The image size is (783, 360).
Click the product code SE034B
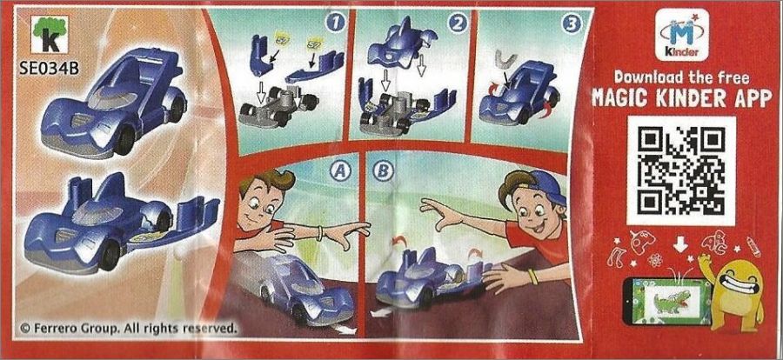pos(49,68)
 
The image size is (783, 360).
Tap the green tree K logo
pos(49,34)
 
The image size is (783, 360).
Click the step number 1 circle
pos(336,23)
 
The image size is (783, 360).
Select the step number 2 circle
pos(458,23)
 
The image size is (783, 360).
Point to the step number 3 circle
pos(571,24)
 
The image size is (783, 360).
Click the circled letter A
pos(338,171)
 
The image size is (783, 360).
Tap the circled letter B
pos(383,171)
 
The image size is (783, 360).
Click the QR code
pos(681,170)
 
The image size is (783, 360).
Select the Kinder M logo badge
pos(682,36)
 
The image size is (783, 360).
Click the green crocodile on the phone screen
pos(670,302)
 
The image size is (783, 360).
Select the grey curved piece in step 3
pos(505,61)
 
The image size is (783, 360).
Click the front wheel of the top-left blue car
pos(124,141)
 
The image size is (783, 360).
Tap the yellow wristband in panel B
pos(533,277)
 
